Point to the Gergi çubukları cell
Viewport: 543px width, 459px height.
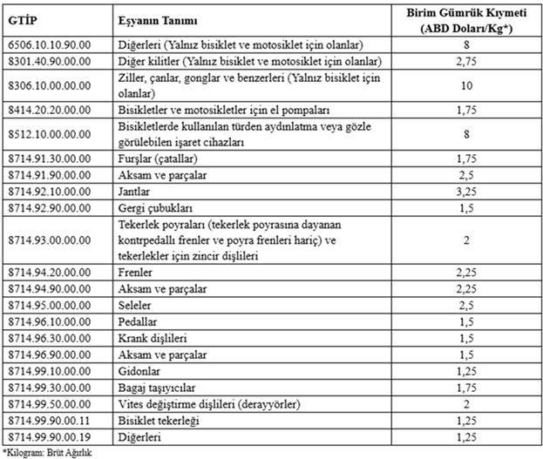click(x=154, y=207)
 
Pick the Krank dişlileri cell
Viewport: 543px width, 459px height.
click(x=151, y=338)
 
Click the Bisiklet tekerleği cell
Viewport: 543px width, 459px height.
click(x=156, y=419)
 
